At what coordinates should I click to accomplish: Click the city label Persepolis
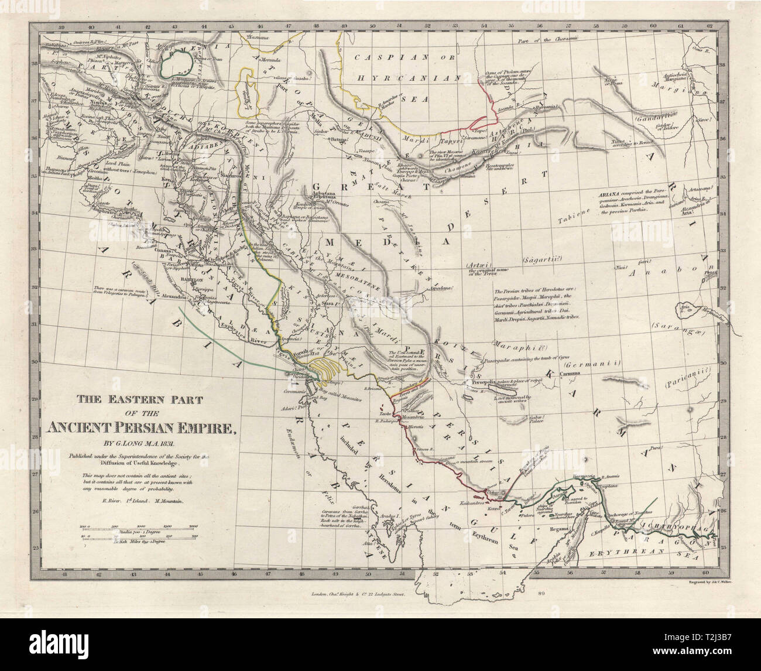click(x=473, y=382)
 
